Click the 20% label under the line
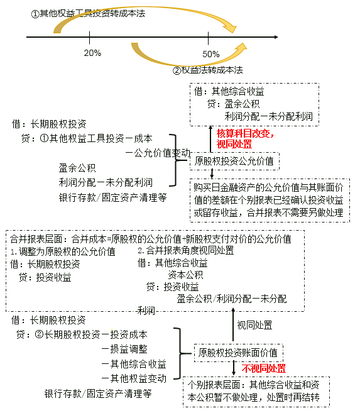92,53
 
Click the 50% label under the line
212,54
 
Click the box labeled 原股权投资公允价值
234,161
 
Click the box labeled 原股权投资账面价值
239,352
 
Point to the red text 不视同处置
264,368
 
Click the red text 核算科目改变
245,133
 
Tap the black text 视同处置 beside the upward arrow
255,325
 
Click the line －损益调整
124,349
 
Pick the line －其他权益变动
134,378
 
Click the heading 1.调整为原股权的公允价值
63,251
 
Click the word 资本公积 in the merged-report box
185,275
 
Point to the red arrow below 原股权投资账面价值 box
236,368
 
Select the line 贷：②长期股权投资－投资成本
82,334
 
